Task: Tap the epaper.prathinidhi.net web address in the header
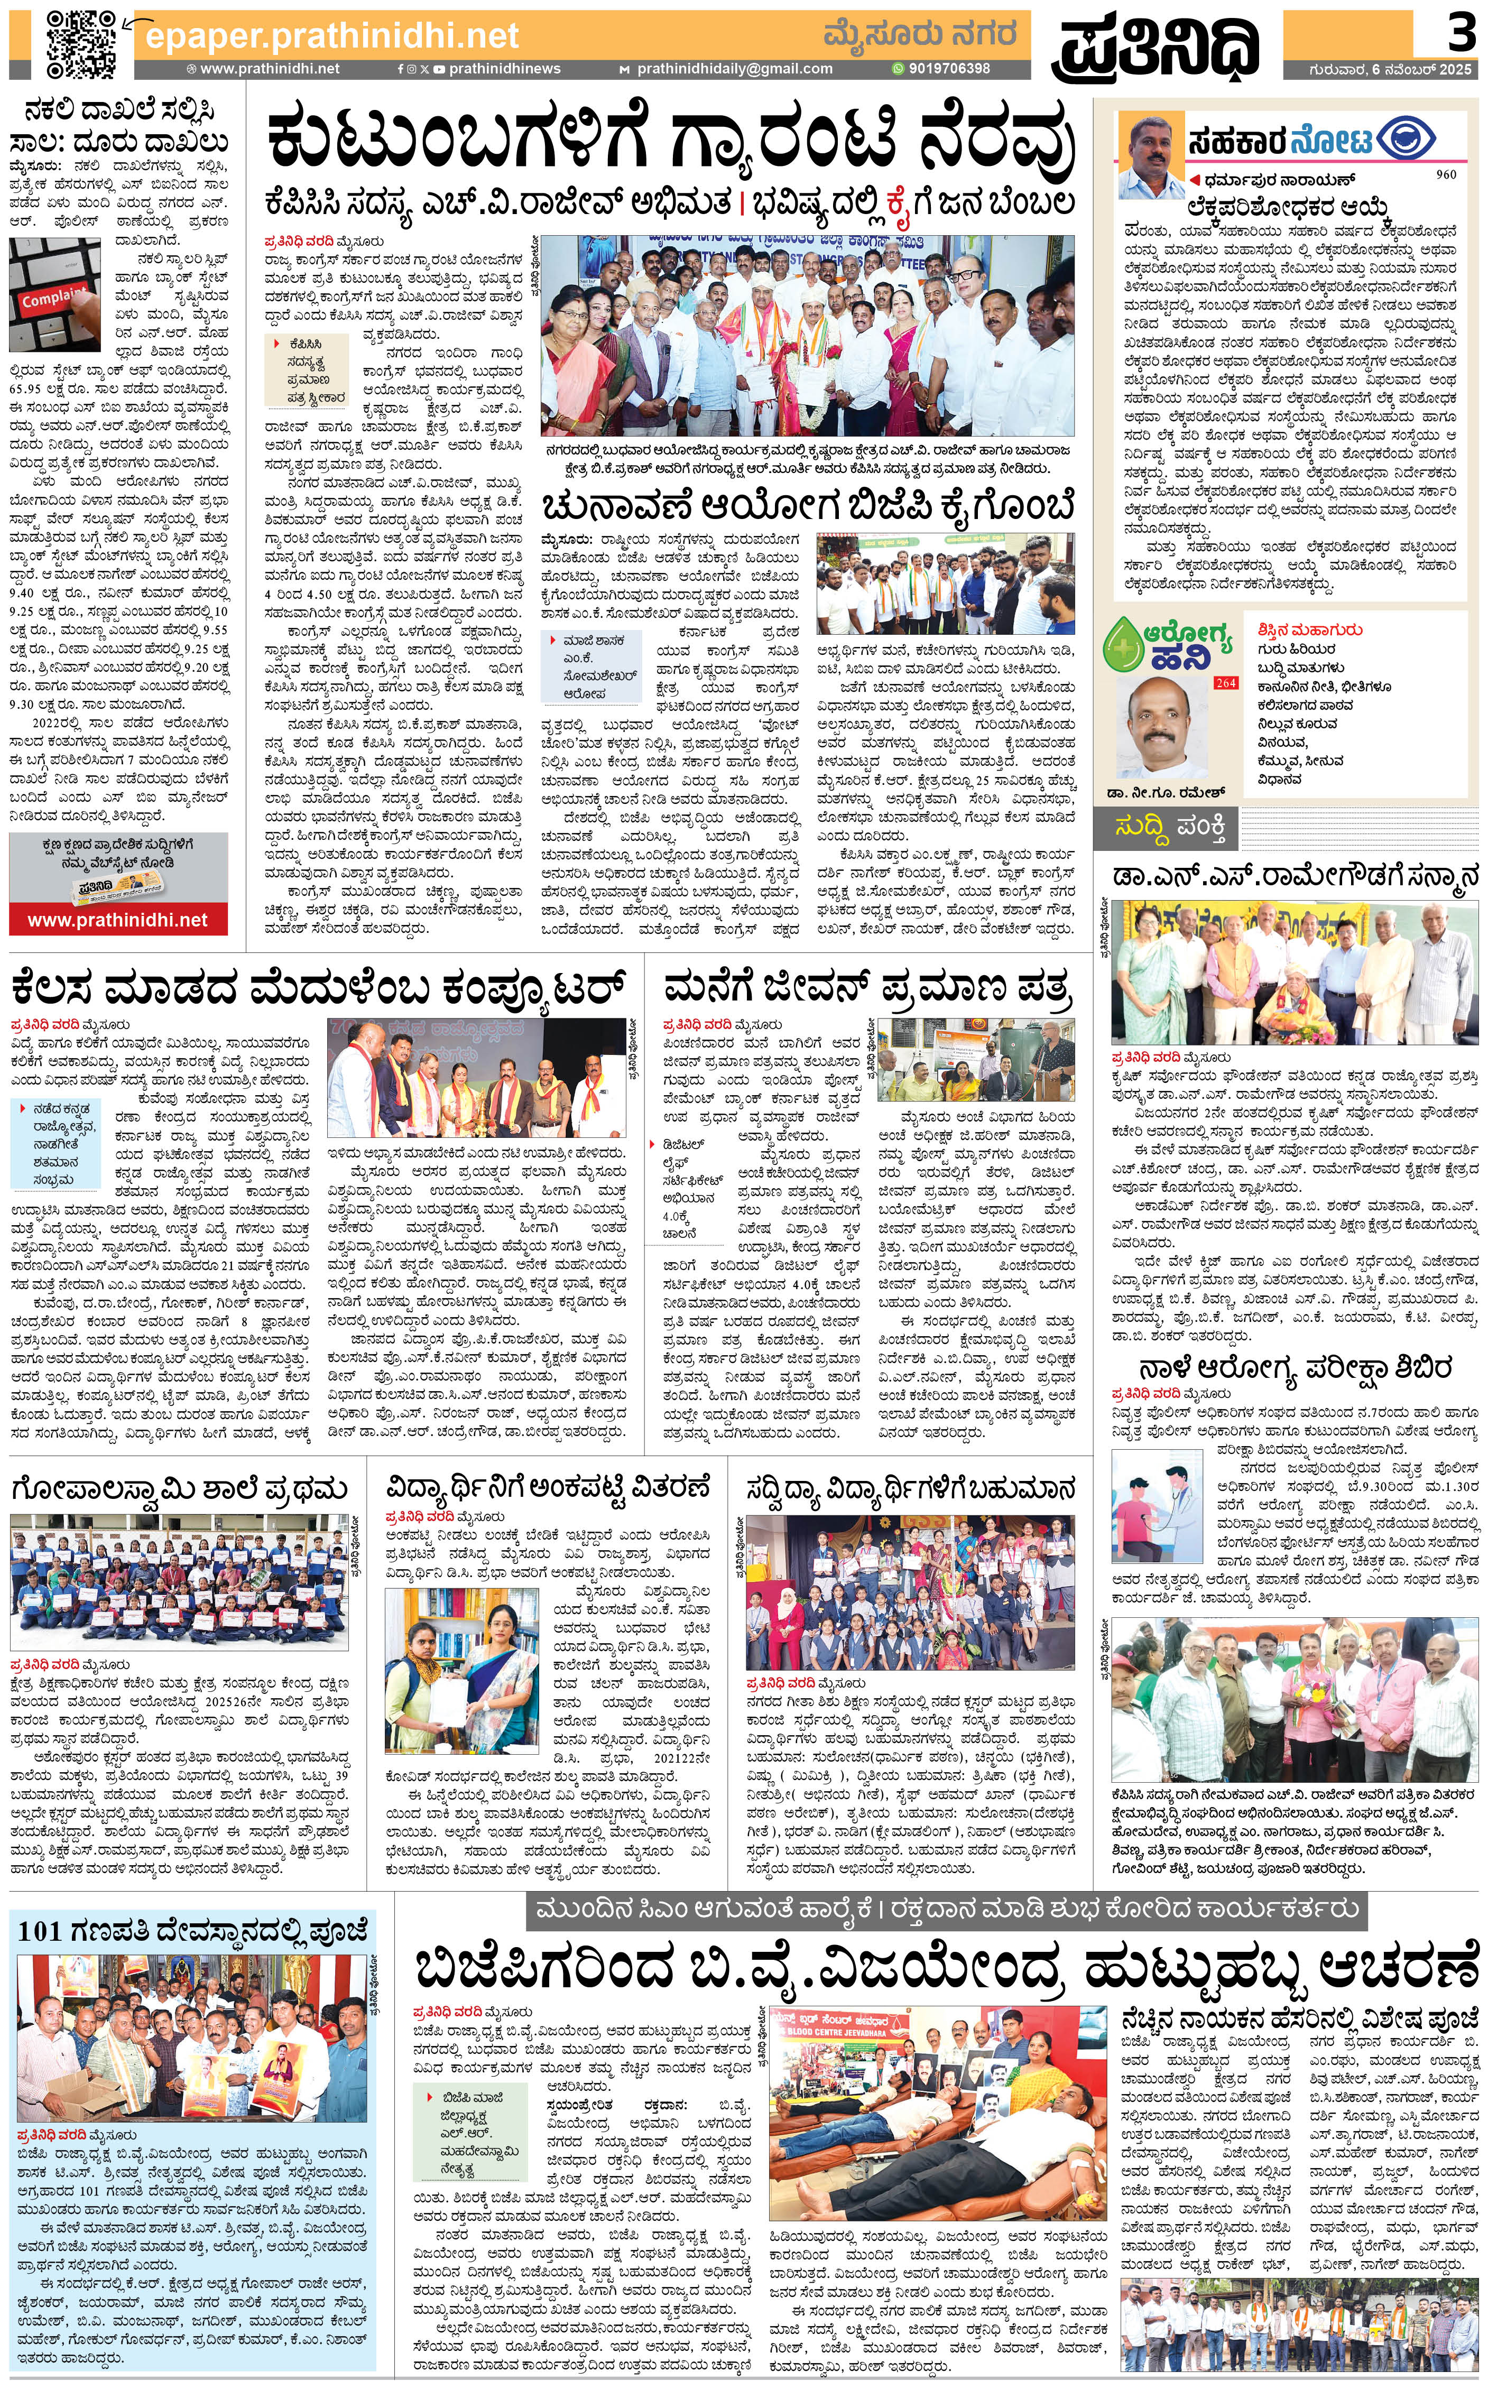click(331, 36)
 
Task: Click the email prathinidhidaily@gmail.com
click(733, 69)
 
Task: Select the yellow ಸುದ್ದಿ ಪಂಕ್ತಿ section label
click(1169, 829)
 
